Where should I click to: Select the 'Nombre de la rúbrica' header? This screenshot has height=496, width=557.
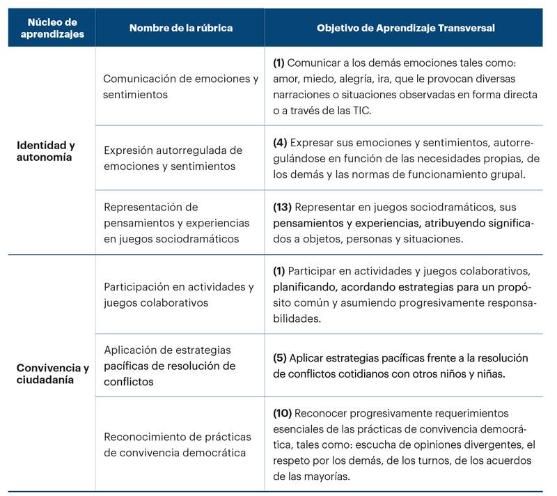180,28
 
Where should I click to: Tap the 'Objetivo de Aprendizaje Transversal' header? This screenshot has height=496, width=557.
406,28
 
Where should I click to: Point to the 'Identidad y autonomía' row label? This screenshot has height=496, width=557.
45,151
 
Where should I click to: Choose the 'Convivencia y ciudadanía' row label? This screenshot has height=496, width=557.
52,373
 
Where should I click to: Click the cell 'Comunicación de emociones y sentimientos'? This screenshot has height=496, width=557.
180,86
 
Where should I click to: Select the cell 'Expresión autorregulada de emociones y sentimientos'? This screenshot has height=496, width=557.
173,158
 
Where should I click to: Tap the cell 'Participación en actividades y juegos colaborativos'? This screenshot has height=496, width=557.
178,295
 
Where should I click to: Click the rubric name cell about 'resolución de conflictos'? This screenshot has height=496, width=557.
170,366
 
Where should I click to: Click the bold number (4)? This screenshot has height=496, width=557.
280,142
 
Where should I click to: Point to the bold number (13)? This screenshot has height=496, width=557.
283,208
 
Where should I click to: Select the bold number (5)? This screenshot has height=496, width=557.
280,358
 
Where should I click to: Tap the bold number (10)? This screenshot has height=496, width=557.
283,414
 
